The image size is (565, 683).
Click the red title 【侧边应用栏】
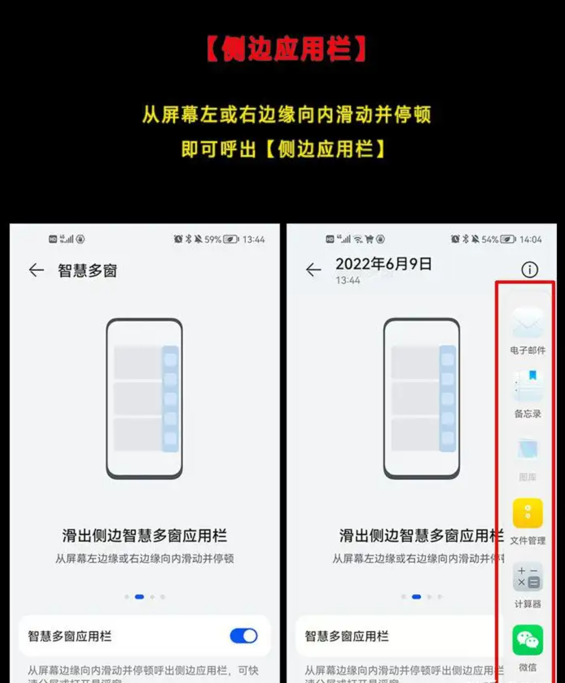tap(286, 49)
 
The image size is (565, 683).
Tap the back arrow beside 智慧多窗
tap(36, 270)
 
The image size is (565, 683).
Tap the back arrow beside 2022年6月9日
tap(313, 270)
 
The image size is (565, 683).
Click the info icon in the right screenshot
tap(529, 270)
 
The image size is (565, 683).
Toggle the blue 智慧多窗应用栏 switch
tap(243, 636)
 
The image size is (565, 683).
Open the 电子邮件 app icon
tap(527, 323)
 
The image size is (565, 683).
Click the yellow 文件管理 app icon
tap(527, 513)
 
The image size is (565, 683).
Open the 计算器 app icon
tap(527, 577)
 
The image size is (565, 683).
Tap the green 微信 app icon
tap(527, 640)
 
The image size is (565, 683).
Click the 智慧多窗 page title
tap(87, 271)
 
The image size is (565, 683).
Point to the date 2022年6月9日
tap(383, 264)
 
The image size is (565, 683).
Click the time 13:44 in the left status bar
tap(253, 239)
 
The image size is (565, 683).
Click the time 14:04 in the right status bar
tap(530, 239)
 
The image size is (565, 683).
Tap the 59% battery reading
tap(212, 239)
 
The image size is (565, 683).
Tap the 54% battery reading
tap(490, 239)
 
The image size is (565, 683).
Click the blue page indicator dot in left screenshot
tap(140, 597)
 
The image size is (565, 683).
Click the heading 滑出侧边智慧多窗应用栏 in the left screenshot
tap(144, 536)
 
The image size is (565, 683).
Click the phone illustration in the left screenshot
tap(144, 398)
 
